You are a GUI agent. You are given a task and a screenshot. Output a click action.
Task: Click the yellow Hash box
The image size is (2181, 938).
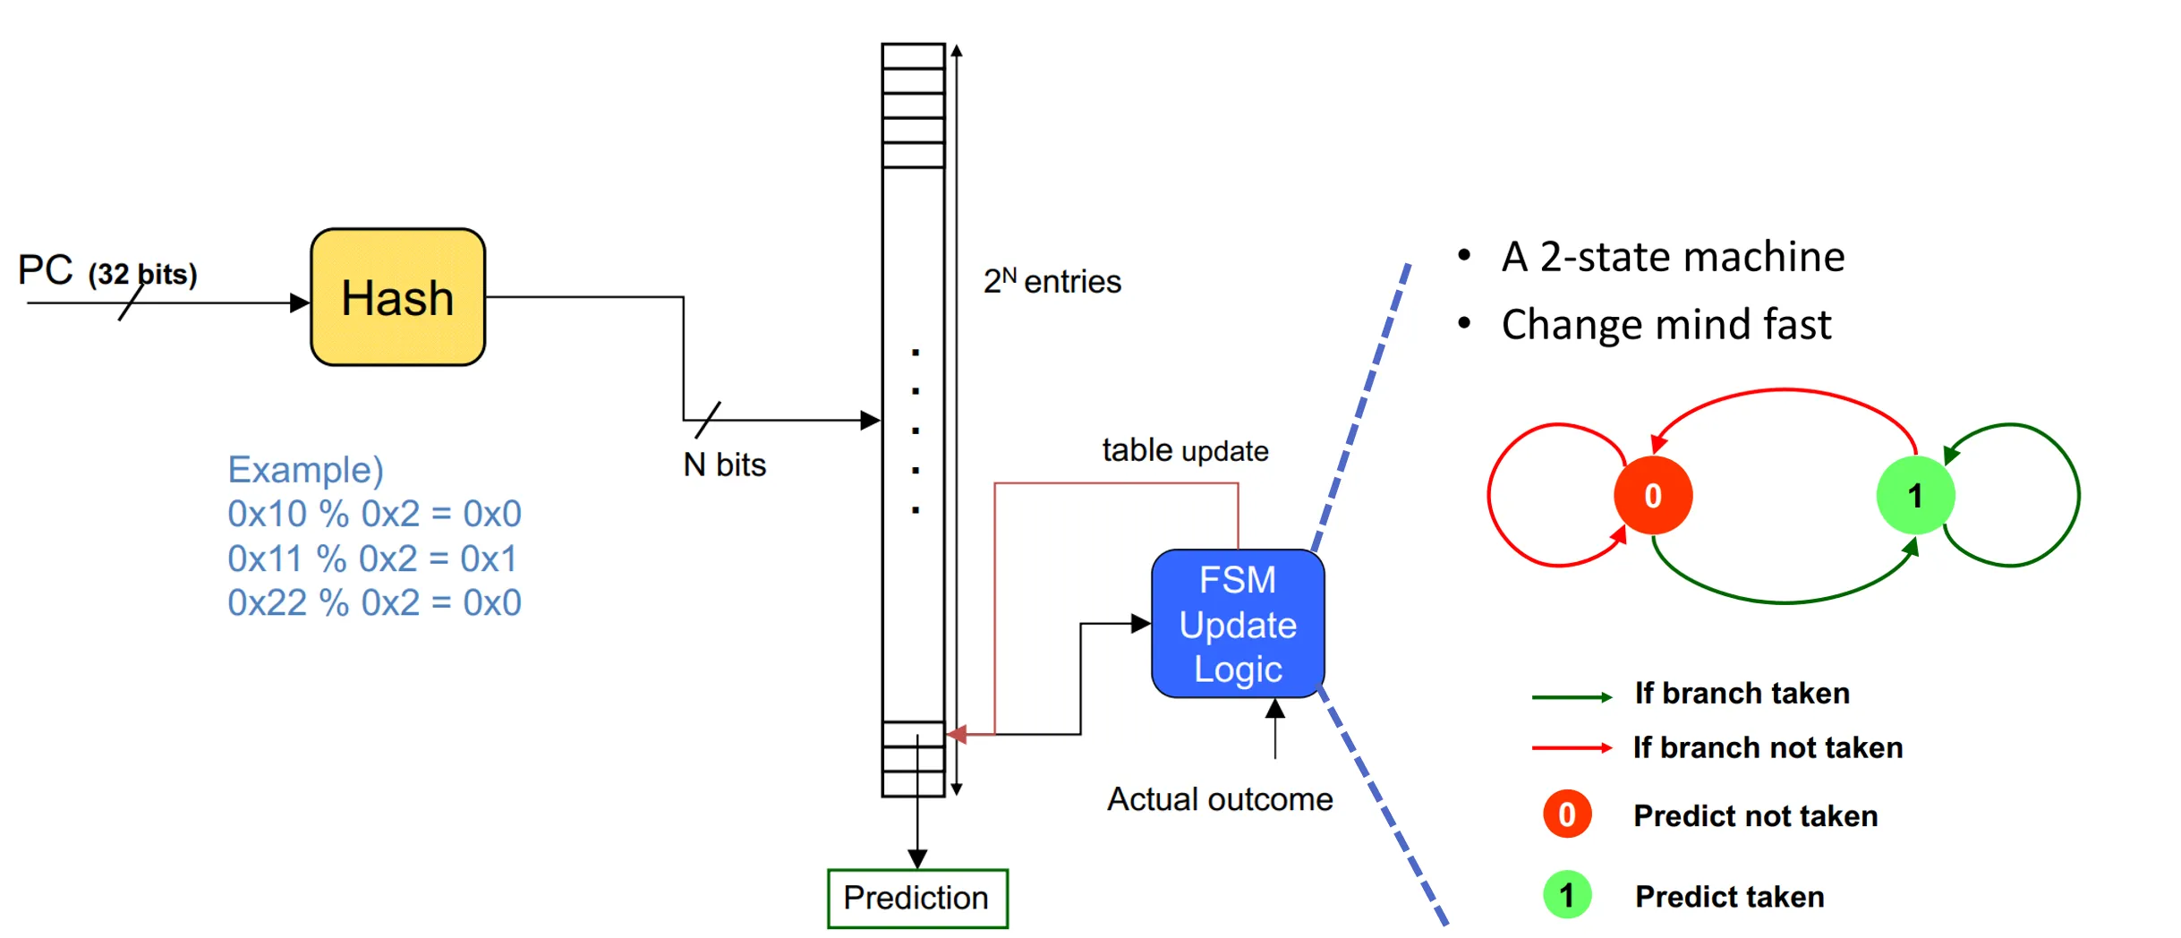click(x=397, y=297)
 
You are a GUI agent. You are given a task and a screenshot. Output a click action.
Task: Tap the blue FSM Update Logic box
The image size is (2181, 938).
click(x=1237, y=624)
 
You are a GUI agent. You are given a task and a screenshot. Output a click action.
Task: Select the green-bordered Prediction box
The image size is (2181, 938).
click(x=916, y=898)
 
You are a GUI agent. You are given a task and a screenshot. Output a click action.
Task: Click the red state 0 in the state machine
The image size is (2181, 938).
click(x=1652, y=495)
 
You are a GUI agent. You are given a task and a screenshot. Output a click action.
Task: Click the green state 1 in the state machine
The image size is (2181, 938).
click(x=1914, y=495)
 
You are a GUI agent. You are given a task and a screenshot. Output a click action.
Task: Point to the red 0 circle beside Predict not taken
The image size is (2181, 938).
click(x=1566, y=814)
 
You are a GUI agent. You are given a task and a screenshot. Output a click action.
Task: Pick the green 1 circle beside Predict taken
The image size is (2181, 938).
click(x=1566, y=895)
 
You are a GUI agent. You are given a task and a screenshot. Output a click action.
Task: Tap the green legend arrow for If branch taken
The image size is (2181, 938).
click(x=1571, y=696)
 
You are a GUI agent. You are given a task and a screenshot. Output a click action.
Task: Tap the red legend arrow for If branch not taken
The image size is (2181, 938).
click(x=1571, y=747)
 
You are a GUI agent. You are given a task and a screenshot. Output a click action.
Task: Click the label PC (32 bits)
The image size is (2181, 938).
click(x=107, y=271)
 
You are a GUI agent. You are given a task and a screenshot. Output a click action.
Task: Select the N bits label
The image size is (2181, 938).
click(x=724, y=465)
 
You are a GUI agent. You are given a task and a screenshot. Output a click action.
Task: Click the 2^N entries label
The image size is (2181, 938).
click(x=1052, y=281)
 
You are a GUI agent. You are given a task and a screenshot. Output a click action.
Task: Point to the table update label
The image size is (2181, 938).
click(x=1184, y=450)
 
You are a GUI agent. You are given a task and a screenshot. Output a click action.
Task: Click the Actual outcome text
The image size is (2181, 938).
click(x=1219, y=799)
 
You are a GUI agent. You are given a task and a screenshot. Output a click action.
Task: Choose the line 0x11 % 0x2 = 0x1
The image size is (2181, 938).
click(x=372, y=559)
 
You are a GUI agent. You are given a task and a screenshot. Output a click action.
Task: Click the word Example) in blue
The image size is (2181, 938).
click(x=305, y=470)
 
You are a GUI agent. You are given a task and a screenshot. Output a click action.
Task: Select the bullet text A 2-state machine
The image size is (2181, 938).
click(x=1672, y=257)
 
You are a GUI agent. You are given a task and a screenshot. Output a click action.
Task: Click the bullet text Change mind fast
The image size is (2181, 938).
click(x=1666, y=324)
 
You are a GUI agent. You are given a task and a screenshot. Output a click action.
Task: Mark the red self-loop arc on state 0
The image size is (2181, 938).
click(x=1490, y=495)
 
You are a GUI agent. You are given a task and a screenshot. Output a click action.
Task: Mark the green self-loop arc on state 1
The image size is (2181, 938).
click(x=2078, y=495)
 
